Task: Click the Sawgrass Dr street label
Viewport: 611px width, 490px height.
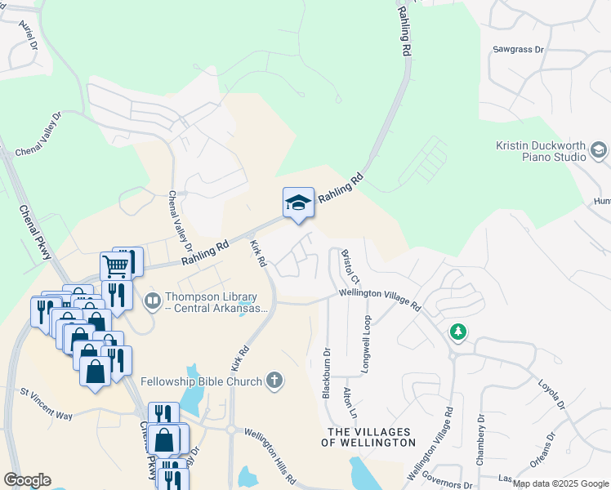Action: click(x=518, y=50)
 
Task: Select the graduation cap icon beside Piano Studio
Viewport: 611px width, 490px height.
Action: click(x=599, y=149)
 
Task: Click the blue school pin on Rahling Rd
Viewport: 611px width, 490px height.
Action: click(x=298, y=203)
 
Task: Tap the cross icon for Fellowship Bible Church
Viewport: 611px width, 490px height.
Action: click(x=275, y=381)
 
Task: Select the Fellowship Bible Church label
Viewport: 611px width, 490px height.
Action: click(x=201, y=381)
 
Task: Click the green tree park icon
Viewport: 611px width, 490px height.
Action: click(x=458, y=332)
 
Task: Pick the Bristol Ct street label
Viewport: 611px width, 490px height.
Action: click(x=346, y=267)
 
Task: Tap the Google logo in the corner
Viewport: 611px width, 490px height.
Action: click(x=27, y=479)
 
